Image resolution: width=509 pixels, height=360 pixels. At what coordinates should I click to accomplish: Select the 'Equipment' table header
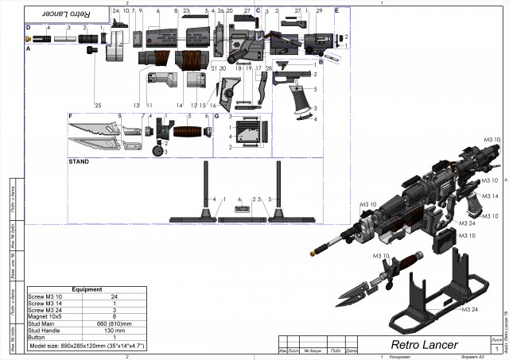[x=87, y=289]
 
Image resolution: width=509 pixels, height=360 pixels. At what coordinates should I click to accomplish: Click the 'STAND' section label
[x=79, y=161]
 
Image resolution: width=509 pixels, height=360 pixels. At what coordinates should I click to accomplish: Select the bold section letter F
[x=71, y=117]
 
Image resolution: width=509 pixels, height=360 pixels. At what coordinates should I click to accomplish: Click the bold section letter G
[x=216, y=117]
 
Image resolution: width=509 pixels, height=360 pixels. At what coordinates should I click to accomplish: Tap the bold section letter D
[x=29, y=28]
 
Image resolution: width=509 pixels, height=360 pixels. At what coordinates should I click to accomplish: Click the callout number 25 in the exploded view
[x=98, y=105]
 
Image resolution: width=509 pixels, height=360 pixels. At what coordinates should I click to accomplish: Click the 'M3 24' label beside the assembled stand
[x=474, y=309]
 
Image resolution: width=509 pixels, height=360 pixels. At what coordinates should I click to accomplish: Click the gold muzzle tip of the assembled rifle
[x=313, y=254]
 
